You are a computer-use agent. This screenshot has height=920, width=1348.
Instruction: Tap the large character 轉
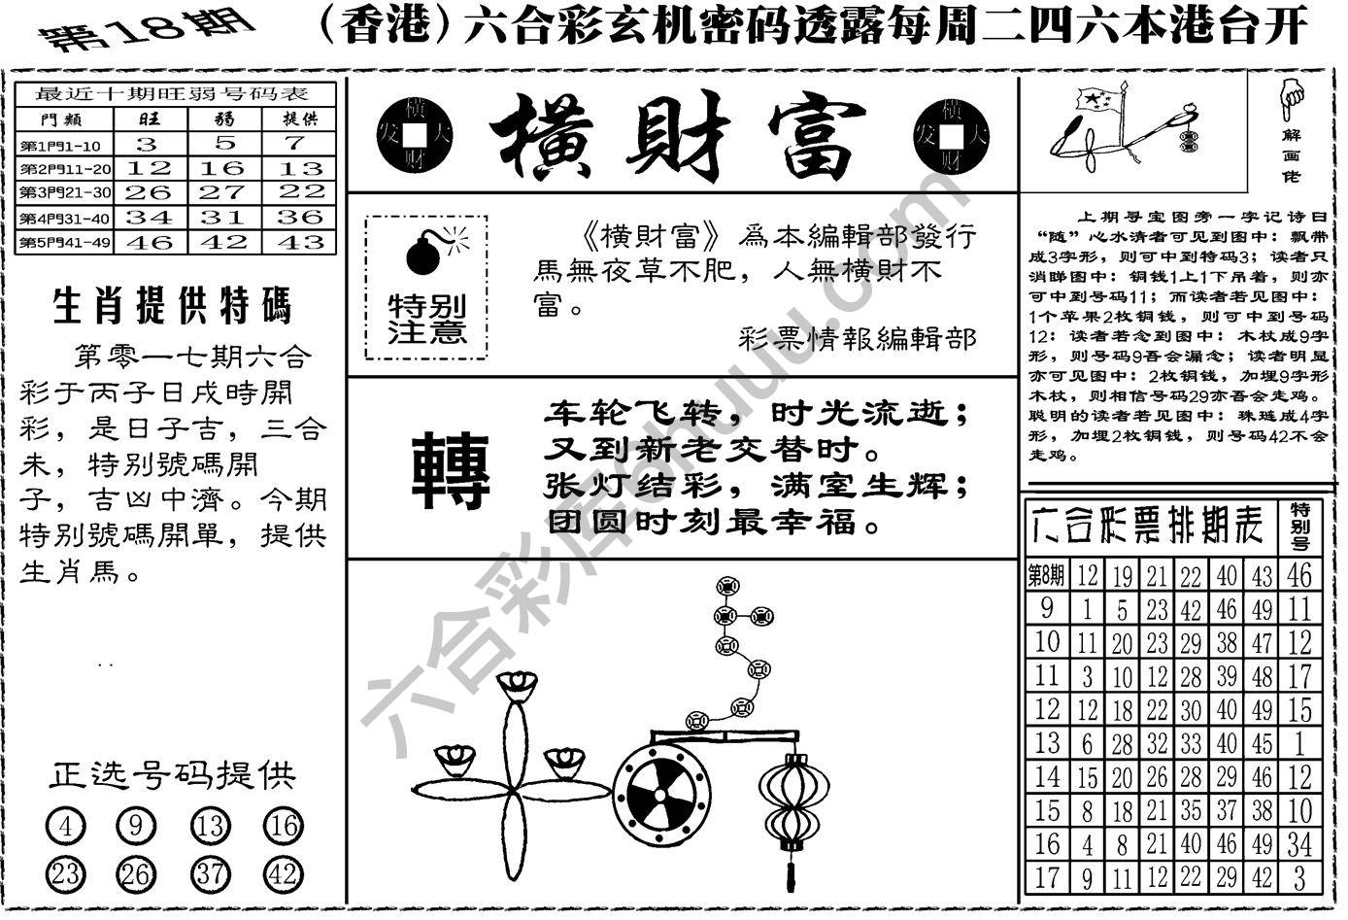tap(452, 472)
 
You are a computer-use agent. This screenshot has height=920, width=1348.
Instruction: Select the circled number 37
tap(211, 874)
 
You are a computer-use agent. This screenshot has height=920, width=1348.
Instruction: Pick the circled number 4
tap(65, 828)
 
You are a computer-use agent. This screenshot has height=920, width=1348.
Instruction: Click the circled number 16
tap(283, 828)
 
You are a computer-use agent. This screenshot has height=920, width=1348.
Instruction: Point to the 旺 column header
tap(148, 119)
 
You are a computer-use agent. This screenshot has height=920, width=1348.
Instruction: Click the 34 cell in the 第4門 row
tap(148, 217)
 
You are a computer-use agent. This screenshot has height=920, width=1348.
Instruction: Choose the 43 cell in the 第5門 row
tap(300, 242)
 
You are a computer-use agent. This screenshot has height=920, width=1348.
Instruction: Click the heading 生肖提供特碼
tap(172, 306)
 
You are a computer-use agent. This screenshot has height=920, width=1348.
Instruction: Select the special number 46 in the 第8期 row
tap(1298, 575)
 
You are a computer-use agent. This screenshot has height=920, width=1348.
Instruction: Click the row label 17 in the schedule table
tap(1046, 877)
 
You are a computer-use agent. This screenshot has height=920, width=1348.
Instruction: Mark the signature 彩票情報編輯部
tap(858, 338)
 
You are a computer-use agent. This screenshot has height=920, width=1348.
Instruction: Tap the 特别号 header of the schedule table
tap(1299, 525)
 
